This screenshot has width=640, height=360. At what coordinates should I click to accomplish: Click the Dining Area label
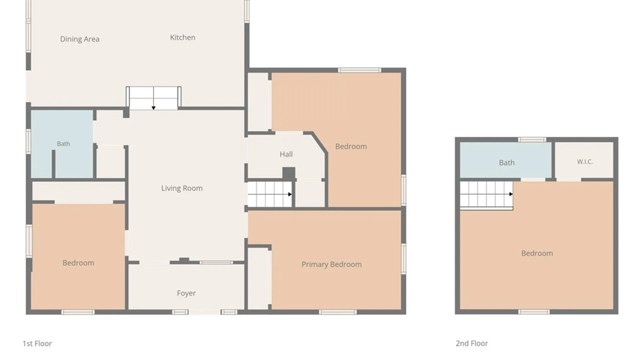coord(80,39)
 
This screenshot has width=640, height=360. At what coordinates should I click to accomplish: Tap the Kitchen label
coord(183,37)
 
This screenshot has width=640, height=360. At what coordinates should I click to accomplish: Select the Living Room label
coord(182,188)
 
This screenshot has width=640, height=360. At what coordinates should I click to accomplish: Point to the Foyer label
coord(186,293)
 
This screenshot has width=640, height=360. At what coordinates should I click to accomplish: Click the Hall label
coord(286,154)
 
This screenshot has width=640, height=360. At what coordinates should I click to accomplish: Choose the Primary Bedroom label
coord(332,264)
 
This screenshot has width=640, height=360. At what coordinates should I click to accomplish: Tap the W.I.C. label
coord(585,162)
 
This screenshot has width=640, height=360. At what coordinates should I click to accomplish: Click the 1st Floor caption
coord(37,343)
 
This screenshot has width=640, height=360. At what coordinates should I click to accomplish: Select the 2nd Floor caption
coord(472,343)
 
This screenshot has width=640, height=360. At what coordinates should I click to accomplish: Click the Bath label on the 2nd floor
coord(507,163)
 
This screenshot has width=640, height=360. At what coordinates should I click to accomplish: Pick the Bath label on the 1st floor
coord(63,144)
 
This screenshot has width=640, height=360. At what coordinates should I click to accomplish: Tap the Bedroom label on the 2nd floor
coord(537,253)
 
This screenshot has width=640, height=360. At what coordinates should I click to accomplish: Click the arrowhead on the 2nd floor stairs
coord(511,194)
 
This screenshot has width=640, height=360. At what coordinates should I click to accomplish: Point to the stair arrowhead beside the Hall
coord(290,194)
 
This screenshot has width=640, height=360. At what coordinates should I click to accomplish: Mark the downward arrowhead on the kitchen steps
coord(153,108)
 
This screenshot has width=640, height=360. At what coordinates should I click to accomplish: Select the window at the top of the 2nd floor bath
coord(532,140)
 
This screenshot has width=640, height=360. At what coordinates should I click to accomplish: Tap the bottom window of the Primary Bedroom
coord(338,312)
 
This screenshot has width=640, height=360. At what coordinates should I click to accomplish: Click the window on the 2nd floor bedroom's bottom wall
coord(534,312)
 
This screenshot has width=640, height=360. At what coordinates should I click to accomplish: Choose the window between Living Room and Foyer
coord(216,263)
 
